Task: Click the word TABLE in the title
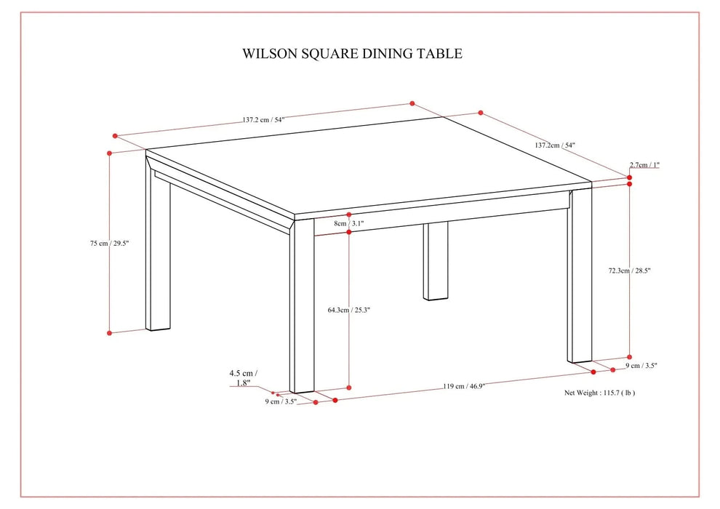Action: (x=439, y=54)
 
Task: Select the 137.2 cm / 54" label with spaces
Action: (x=263, y=121)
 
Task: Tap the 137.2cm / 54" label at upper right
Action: (x=555, y=145)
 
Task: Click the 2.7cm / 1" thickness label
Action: (x=644, y=165)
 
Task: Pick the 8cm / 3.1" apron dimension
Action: (x=348, y=224)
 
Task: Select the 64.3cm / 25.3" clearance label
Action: (x=349, y=310)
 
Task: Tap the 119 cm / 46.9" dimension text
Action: (x=466, y=386)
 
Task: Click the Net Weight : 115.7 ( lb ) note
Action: (x=600, y=392)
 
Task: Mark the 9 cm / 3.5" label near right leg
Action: (x=642, y=366)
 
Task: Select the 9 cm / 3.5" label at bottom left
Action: (x=281, y=401)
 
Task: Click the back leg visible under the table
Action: (x=436, y=262)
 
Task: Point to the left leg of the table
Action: (x=158, y=247)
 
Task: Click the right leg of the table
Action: (x=580, y=276)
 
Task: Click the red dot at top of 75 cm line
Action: (x=109, y=153)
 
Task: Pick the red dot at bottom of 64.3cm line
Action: (x=350, y=388)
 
